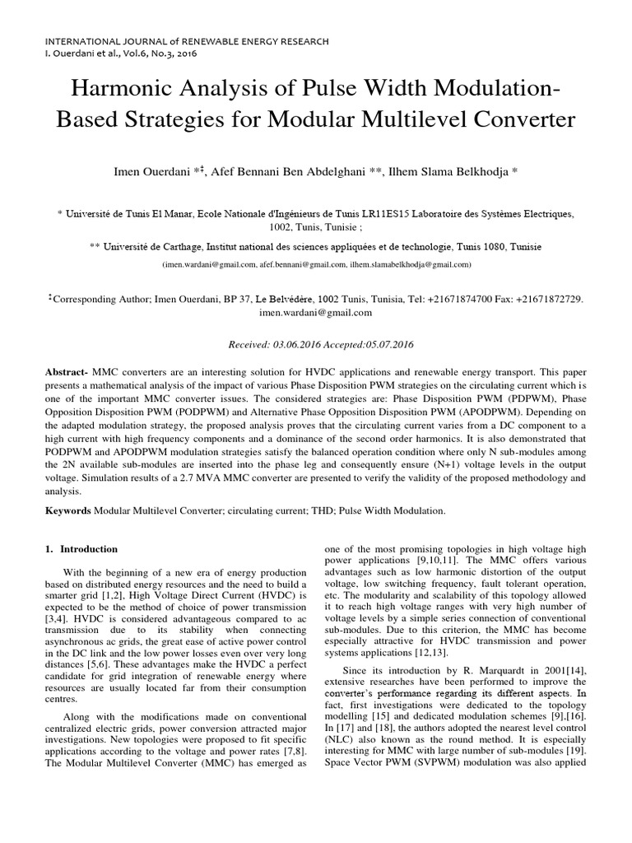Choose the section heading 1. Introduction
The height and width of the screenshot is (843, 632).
[x=81, y=549]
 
